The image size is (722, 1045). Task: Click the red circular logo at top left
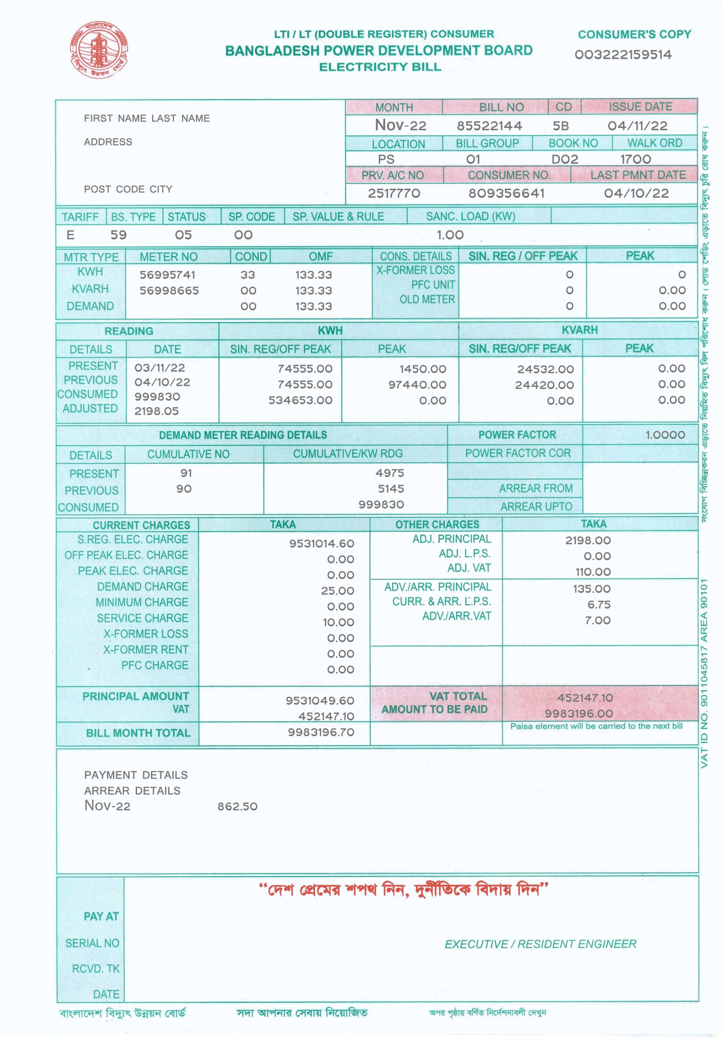pyautogui.click(x=98, y=50)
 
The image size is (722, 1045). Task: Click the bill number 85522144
pyautogui.click(x=489, y=126)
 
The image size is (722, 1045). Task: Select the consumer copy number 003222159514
pyautogui.click(x=623, y=55)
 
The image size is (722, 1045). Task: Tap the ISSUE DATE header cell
pyautogui.click(x=640, y=107)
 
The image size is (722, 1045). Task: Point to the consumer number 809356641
pyautogui.click(x=506, y=193)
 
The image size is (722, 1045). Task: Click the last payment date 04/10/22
pyautogui.click(x=636, y=193)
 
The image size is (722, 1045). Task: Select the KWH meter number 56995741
pyautogui.click(x=168, y=275)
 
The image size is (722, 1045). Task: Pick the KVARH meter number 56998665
pyautogui.click(x=169, y=291)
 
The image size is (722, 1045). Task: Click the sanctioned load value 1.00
pyautogui.click(x=450, y=235)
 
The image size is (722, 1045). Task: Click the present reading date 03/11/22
pyautogui.click(x=160, y=368)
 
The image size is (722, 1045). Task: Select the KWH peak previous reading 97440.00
pyautogui.click(x=417, y=385)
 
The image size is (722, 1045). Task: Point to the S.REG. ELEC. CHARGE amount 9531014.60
pyautogui.click(x=322, y=543)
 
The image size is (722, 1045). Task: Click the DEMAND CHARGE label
pyautogui.click(x=143, y=586)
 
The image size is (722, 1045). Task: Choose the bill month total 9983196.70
pyautogui.click(x=321, y=732)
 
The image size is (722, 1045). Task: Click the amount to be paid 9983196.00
pyautogui.click(x=579, y=714)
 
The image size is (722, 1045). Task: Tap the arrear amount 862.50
pyautogui.click(x=237, y=806)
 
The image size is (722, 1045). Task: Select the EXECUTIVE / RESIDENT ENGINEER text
pyautogui.click(x=540, y=944)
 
